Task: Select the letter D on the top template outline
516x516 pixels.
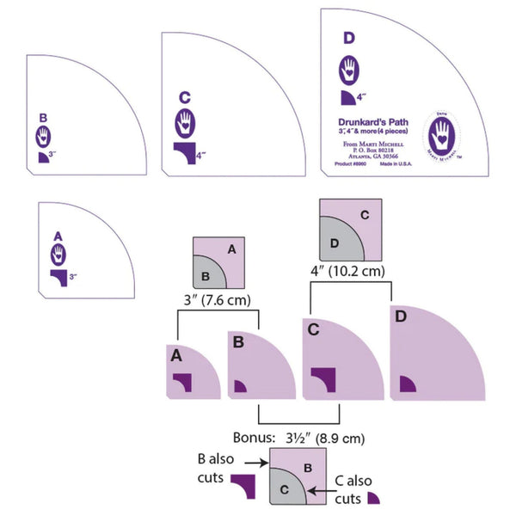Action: point(347,38)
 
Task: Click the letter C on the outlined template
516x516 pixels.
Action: point(184,97)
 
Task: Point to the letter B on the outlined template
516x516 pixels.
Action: point(43,118)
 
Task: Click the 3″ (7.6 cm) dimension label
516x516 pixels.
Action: point(217,300)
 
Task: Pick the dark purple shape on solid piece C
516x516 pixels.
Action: point(322,378)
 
